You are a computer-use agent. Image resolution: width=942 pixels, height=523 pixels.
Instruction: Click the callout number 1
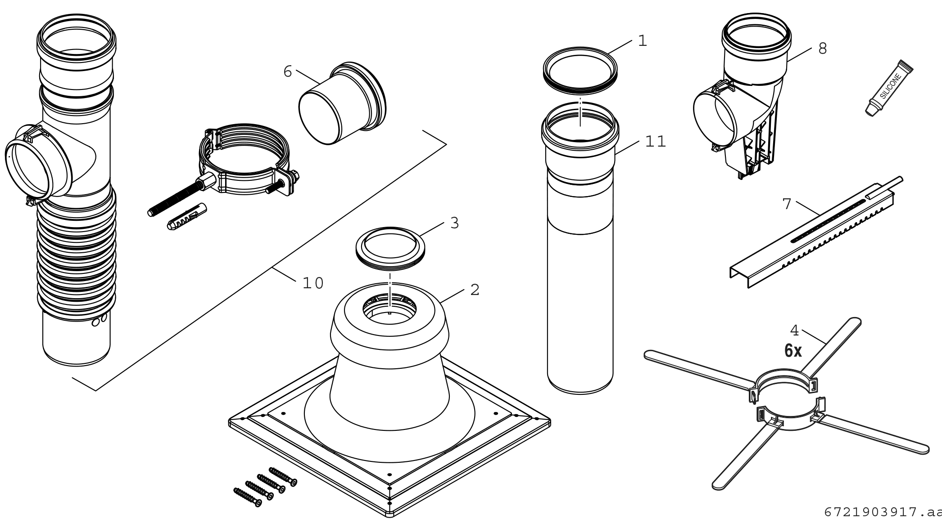click(x=643, y=41)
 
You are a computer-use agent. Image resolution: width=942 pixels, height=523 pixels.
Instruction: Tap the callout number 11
click(x=655, y=142)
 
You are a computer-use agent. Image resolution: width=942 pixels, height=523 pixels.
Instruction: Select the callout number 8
click(x=823, y=49)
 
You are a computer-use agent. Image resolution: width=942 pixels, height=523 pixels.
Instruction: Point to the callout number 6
click(x=288, y=72)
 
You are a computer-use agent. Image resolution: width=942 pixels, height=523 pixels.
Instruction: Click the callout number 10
click(x=313, y=283)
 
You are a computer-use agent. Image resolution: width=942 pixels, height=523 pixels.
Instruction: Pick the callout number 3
click(x=454, y=223)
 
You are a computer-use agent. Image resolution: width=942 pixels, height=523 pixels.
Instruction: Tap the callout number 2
click(x=475, y=290)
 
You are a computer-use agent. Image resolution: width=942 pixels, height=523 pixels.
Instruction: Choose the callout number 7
click(x=787, y=204)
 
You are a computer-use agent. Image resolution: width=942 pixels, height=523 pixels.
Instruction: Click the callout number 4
click(x=794, y=331)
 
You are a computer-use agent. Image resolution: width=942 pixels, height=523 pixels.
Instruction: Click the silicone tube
click(x=888, y=88)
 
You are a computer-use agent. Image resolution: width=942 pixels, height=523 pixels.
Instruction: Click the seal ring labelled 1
click(x=580, y=72)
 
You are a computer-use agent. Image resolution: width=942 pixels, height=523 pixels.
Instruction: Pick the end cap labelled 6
click(x=341, y=105)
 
